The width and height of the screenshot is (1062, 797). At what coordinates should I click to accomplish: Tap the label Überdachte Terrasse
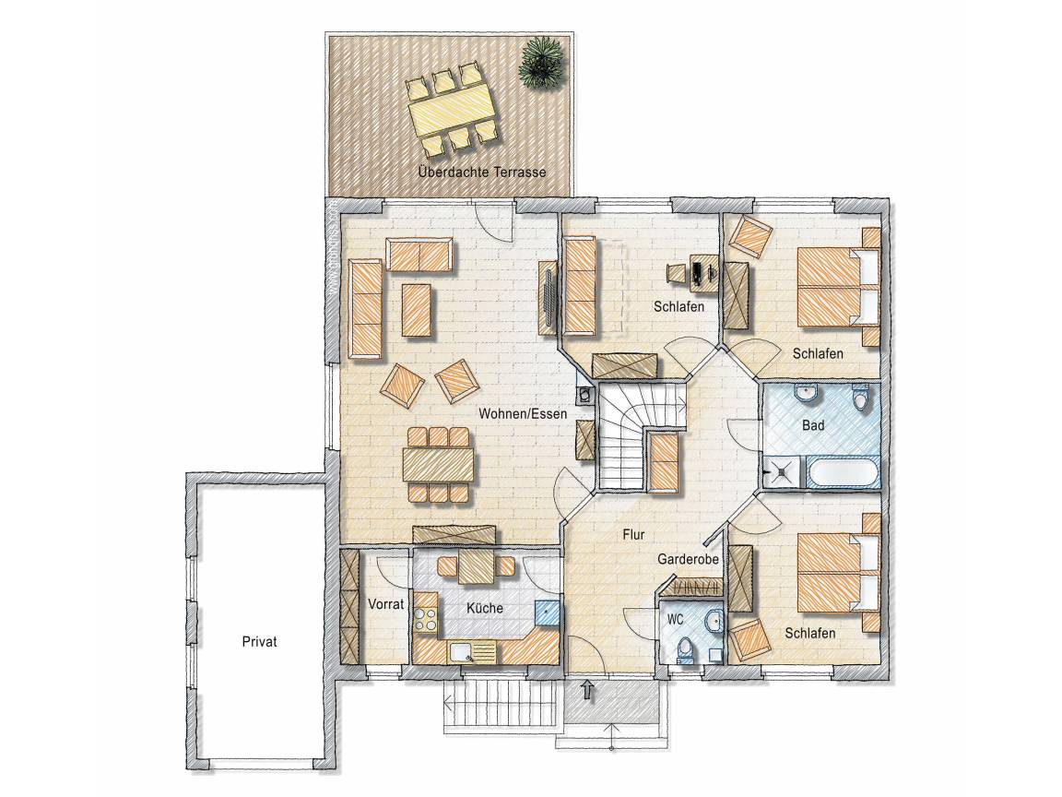(481, 172)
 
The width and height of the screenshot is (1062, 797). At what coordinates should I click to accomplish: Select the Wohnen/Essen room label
(522, 412)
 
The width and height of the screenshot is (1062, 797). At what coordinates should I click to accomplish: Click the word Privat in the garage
(259, 641)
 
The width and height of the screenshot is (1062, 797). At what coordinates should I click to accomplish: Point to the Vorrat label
(385, 604)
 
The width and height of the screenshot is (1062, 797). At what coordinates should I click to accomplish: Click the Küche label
(485, 607)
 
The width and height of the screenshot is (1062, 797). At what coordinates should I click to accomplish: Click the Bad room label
(813, 425)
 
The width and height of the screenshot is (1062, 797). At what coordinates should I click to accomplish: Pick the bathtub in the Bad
(840, 471)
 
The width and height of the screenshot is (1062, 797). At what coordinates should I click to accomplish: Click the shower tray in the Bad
(780, 471)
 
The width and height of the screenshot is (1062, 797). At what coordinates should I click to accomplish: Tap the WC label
(675, 620)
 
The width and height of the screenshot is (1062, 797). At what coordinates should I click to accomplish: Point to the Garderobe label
(688, 560)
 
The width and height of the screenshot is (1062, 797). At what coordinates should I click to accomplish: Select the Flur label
(633, 535)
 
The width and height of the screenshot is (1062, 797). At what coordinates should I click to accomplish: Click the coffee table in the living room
(417, 310)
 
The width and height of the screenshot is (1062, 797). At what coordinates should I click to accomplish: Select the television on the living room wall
(548, 297)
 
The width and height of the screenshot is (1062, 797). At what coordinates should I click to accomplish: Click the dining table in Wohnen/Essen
(439, 464)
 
